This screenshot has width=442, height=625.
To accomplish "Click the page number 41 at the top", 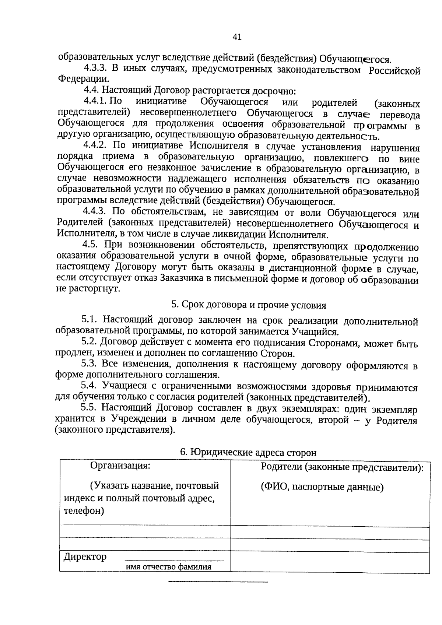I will (237, 37).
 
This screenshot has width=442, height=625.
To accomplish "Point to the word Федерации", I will (83, 79).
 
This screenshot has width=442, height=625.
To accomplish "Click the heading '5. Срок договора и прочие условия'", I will (249, 305).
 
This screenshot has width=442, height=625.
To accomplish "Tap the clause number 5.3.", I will (88, 364).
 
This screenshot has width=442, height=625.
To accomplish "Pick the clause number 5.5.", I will (88, 408).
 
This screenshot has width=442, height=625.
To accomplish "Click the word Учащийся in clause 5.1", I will (315, 332).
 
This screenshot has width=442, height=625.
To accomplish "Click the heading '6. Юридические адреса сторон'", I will (248, 452).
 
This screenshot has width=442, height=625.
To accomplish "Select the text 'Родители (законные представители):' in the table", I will (342, 468).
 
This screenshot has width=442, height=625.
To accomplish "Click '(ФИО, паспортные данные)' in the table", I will (322, 487).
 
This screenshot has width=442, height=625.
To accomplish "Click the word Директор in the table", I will (85, 556).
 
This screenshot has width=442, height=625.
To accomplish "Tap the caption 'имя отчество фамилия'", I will (169, 567).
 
